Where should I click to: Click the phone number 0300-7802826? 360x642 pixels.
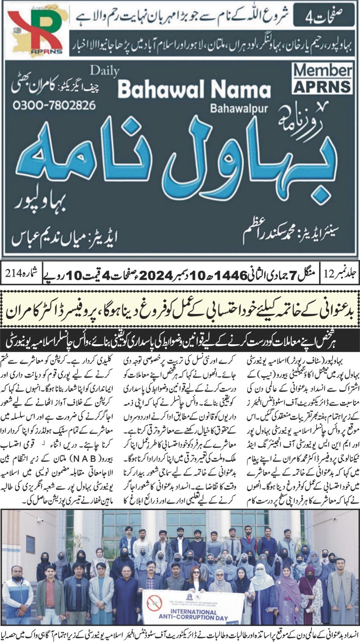(x=55, y=106)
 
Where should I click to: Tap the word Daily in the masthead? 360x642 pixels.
(x=105, y=71)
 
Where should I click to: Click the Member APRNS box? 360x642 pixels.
(x=322, y=79)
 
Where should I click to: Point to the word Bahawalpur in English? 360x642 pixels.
(x=239, y=108)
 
